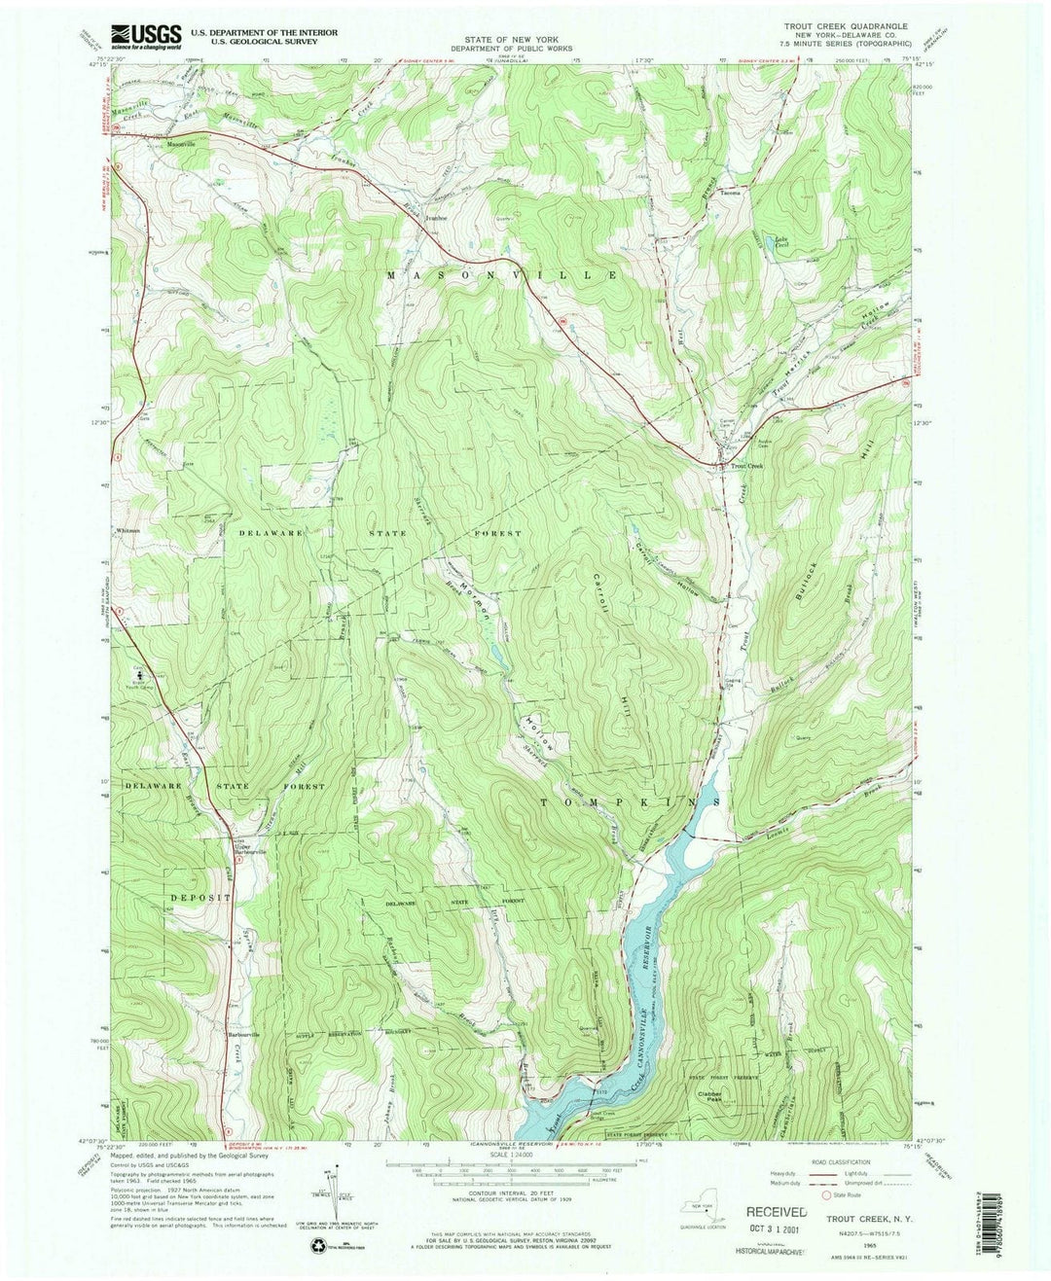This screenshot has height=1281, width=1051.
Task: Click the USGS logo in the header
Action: coord(146,37)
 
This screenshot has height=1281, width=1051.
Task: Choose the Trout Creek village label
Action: coord(749,466)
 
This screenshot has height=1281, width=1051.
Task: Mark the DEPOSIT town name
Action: coord(201,898)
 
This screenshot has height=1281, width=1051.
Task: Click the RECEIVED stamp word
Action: coord(776,1213)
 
